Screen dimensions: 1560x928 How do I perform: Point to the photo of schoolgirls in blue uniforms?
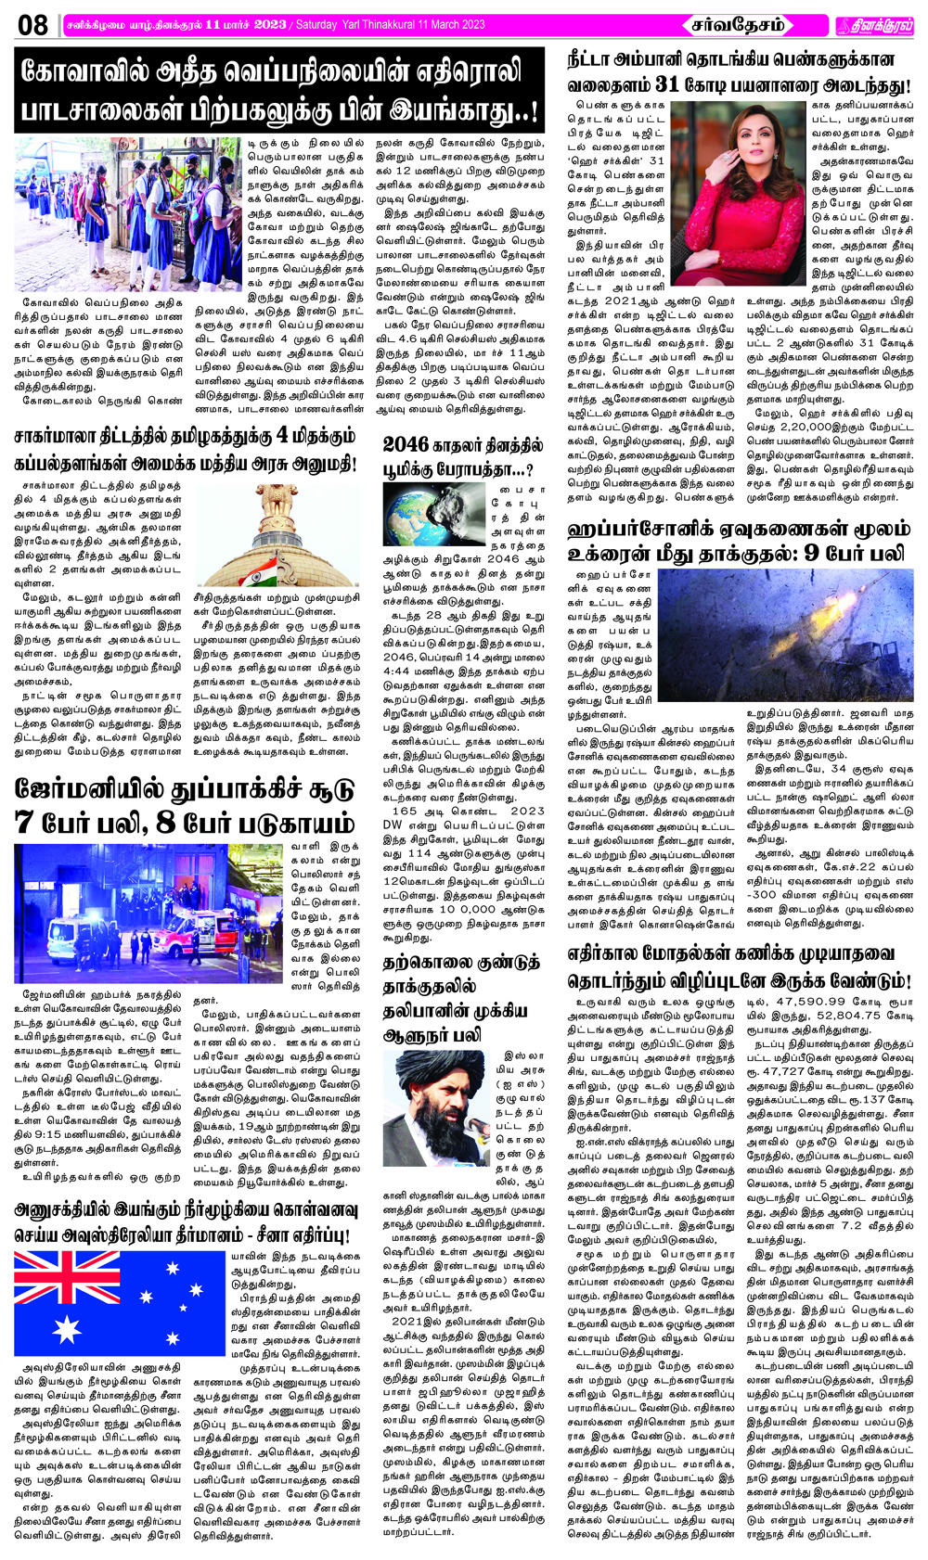[x=127, y=212]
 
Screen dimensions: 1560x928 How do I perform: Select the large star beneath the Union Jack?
[x=68, y=1329]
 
